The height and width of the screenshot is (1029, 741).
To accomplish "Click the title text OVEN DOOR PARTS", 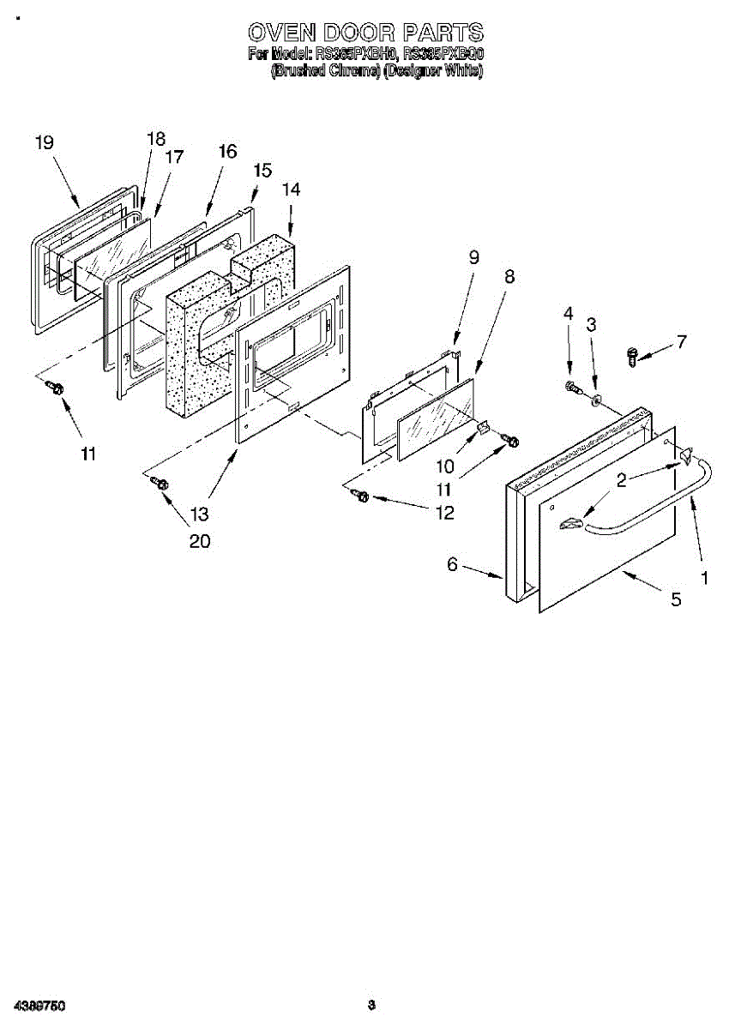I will tap(365, 33).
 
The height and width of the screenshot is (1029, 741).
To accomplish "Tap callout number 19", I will tap(45, 143).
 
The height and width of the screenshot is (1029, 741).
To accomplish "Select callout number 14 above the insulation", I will tap(292, 190).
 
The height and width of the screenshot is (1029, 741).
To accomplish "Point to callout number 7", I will tap(681, 341).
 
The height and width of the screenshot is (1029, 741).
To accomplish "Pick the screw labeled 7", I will tap(633, 354).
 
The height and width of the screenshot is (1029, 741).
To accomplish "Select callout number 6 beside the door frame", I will tap(452, 564).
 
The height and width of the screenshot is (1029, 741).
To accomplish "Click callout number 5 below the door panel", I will tap(676, 600).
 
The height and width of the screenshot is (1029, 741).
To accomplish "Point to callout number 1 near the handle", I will tap(705, 578).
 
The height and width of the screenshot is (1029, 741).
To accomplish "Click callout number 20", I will tap(200, 541).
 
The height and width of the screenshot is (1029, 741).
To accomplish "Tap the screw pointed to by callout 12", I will tap(361, 496).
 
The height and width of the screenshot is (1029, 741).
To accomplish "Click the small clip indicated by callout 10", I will tap(483, 426).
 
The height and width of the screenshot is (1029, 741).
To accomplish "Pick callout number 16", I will tap(226, 152).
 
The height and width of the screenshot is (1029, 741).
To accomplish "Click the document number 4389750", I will tap(35, 1005).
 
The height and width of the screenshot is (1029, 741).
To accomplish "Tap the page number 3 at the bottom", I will tap(370, 1005).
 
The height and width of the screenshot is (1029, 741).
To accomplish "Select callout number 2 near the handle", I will tap(621, 479).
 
